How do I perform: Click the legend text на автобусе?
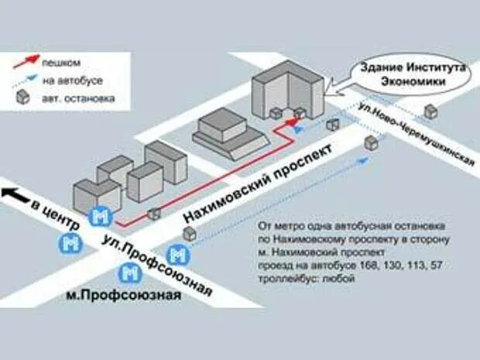pos(77,80)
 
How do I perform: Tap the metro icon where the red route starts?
pos(100,216)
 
